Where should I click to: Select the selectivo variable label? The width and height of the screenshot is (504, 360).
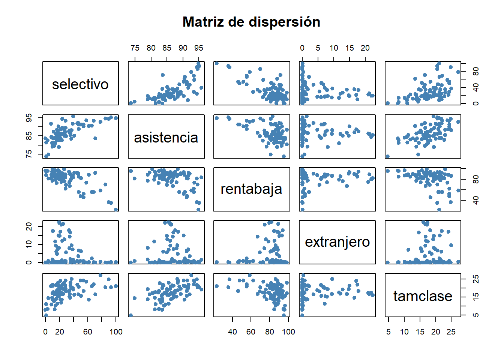(x=80, y=84)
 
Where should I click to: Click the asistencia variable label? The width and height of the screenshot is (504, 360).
(x=166, y=138)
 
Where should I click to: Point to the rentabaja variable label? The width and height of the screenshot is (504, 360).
(x=251, y=189)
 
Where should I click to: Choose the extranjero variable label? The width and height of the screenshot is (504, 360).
(x=337, y=242)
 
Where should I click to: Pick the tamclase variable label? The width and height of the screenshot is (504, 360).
(x=423, y=296)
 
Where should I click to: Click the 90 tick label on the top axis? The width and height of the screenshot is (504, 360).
(x=183, y=48)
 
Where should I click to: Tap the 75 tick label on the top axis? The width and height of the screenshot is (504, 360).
(x=135, y=48)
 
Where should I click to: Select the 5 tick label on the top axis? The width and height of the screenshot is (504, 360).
(x=318, y=48)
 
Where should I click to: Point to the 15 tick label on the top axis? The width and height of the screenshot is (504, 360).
(x=349, y=48)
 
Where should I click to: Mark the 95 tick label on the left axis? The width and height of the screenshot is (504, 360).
(x=29, y=118)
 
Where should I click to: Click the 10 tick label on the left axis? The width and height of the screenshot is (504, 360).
(x=29, y=244)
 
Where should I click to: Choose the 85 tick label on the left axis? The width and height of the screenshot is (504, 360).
(x=29, y=136)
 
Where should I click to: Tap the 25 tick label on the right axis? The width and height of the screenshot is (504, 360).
(x=476, y=279)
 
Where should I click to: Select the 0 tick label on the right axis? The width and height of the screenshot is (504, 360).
(x=476, y=103)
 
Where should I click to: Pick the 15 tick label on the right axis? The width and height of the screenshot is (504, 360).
(x=476, y=297)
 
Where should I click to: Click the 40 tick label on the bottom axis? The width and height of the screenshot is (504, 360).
(x=232, y=332)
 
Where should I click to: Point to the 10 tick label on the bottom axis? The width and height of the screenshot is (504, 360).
(x=404, y=332)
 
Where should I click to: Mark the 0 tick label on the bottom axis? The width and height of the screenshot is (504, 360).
(x=45, y=332)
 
